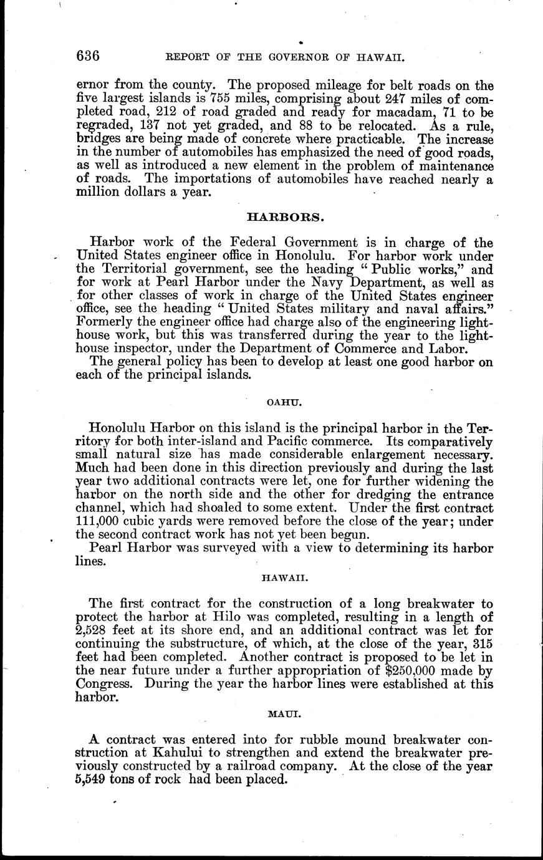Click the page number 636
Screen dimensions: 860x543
coord(88,56)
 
